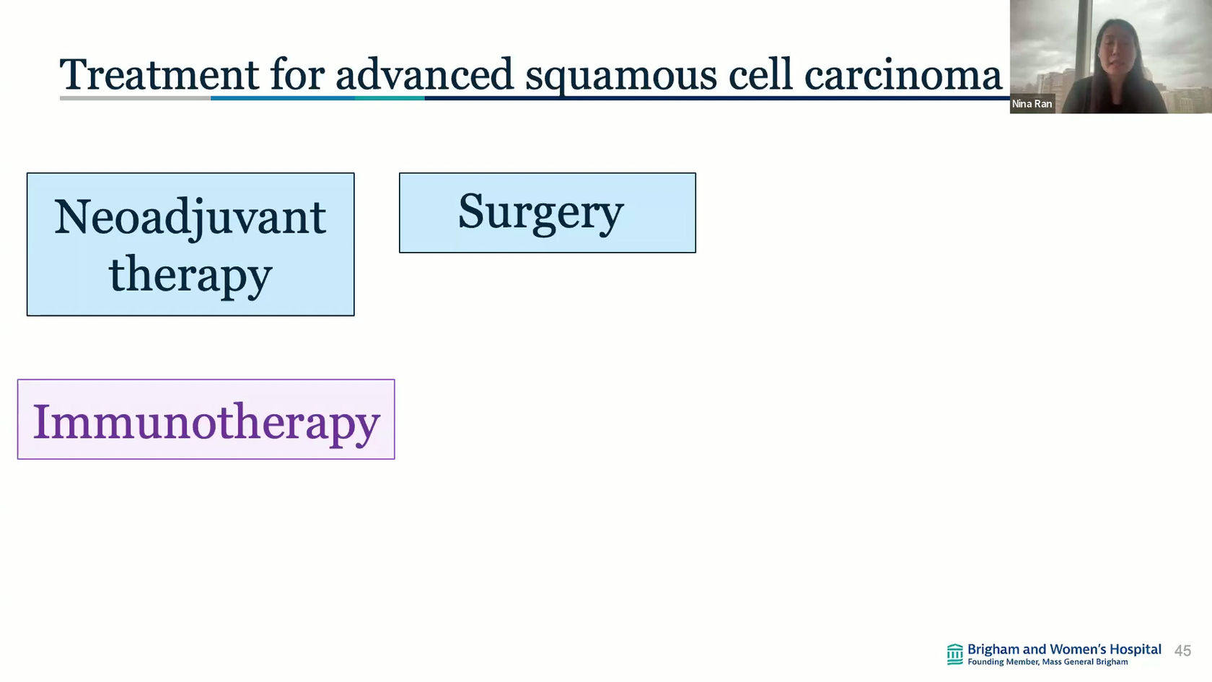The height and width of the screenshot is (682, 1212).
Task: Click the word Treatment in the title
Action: click(x=159, y=74)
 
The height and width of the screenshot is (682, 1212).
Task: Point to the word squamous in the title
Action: click(x=621, y=79)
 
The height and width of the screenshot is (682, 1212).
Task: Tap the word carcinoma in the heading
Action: click(x=903, y=76)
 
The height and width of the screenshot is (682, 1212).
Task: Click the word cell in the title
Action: click(x=760, y=74)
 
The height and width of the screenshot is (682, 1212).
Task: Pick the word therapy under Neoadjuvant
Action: click(x=190, y=276)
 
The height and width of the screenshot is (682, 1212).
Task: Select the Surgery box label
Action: click(x=540, y=214)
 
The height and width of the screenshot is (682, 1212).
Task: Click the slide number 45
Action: click(x=1182, y=651)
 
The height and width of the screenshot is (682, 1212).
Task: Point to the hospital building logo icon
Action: click(x=955, y=654)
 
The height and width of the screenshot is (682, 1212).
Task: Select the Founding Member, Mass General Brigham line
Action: click(x=1048, y=662)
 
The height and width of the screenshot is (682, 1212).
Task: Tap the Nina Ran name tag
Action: click(x=1032, y=103)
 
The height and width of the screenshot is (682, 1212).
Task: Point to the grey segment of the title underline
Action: click(x=136, y=98)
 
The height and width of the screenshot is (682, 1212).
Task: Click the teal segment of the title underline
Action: click(x=390, y=98)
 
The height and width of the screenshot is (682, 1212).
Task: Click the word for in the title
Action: click(x=297, y=74)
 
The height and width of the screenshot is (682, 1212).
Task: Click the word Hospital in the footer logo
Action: click(x=1136, y=650)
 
